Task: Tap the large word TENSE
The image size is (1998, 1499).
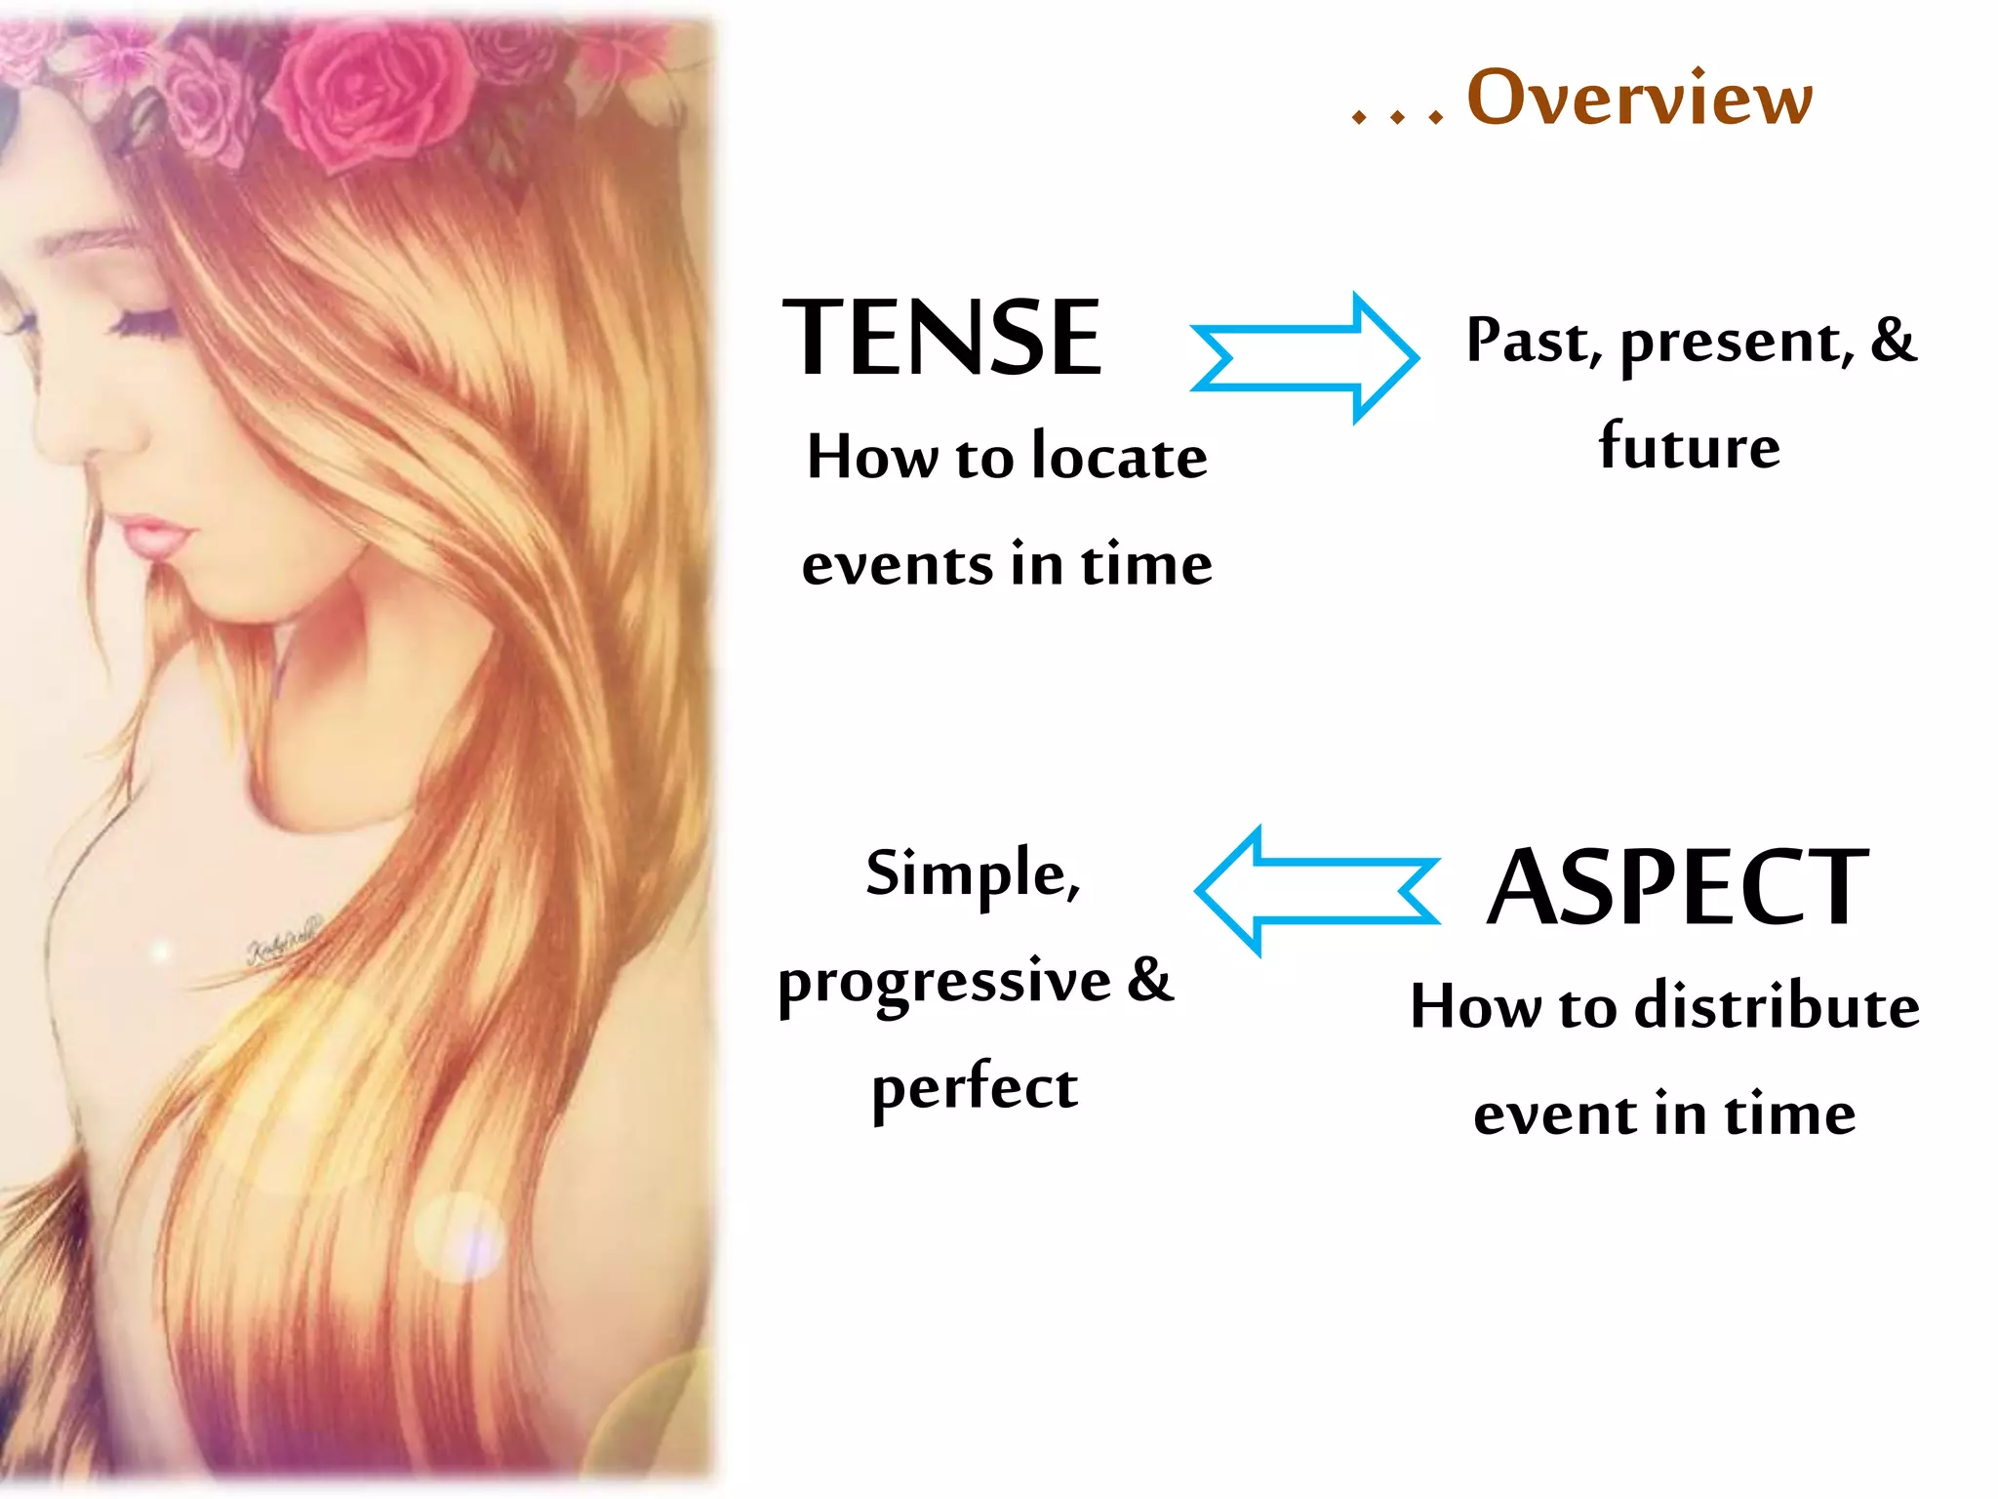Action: tap(942, 338)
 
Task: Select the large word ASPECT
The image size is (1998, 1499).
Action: tap(1677, 887)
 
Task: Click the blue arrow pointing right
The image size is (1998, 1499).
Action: tap(1305, 357)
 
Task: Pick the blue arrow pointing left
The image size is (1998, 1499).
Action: tap(1317, 890)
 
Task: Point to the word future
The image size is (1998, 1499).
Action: tap(1689, 446)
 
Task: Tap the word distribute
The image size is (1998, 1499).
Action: tap(1777, 1006)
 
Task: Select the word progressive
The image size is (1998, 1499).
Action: tap(944, 982)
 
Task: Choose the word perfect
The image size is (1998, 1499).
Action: tap(975, 1087)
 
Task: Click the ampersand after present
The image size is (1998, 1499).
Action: tap(1894, 340)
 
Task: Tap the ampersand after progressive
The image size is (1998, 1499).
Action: tap(1150, 979)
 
